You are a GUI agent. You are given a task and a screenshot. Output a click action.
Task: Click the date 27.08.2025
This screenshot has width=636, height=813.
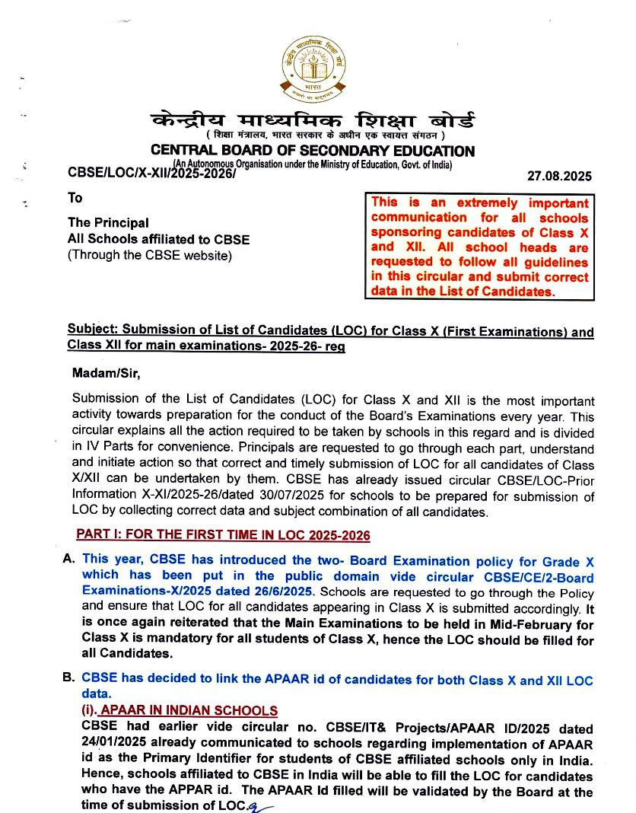pyautogui.click(x=559, y=177)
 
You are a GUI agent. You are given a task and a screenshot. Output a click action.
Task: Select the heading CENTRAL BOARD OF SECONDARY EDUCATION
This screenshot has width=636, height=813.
pyautogui.click(x=312, y=151)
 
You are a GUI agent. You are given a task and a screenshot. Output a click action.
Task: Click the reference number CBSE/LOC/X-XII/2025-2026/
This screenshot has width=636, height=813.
pyautogui.click(x=152, y=174)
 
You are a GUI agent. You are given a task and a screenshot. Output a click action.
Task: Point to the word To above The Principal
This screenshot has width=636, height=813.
pyautogui.click(x=75, y=198)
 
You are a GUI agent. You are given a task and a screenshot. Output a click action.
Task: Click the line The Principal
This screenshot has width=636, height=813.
pyautogui.click(x=108, y=222)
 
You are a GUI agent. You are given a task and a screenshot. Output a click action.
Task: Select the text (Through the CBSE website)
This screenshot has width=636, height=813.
pyautogui.click(x=148, y=255)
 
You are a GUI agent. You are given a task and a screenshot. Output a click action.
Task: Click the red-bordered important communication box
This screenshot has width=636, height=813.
pyautogui.click(x=479, y=247)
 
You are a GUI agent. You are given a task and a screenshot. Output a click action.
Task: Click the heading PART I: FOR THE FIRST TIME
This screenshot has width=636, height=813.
pyautogui.click(x=223, y=535)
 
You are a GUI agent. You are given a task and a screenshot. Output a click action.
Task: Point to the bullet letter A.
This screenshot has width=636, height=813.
pyautogui.click(x=68, y=559)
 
